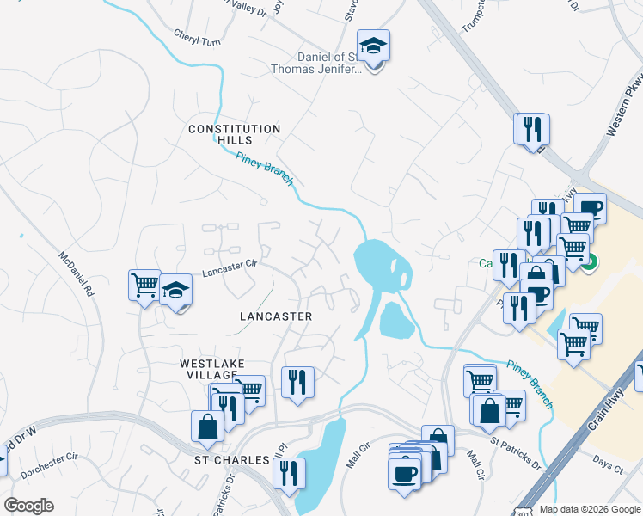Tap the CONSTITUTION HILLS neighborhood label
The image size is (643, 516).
(235, 134)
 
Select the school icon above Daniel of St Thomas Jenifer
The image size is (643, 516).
(374, 46)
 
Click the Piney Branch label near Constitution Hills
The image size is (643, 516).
(265, 168)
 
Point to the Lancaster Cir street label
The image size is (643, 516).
(230, 271)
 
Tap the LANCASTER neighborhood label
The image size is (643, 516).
(275, 316)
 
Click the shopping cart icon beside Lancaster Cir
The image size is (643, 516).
(144, 285)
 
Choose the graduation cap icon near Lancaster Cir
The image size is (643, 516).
(176, 291)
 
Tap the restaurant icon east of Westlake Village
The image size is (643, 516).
(297, 382)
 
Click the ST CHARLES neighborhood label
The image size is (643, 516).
(230, 460)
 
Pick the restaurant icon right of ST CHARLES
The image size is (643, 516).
(289, 472)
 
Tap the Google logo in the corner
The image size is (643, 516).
(28, 506)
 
